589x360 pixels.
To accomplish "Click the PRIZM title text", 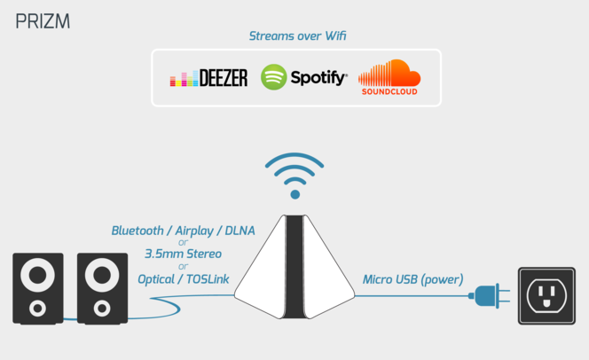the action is coord(43,21).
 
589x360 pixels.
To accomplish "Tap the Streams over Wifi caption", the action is coord(297,36).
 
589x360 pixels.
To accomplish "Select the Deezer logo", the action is coord(208,77).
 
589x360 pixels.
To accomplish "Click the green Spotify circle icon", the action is coord(274,77).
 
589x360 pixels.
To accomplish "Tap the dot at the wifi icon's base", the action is coord(294,194).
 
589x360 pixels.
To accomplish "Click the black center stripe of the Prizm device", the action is coord(294,267).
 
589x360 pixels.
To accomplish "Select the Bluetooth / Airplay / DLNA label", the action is coord(183,231).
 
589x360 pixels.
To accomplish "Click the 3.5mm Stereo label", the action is coord(183,254).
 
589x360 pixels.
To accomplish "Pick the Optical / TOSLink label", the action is coord(184,279).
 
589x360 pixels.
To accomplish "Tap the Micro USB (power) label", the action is coord(412,279).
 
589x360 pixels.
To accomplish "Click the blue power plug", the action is coord(490,296).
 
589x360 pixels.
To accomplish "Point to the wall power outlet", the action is coord(546,296).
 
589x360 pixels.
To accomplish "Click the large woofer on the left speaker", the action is coord(37,275).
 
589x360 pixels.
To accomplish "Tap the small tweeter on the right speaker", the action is coord(102,309).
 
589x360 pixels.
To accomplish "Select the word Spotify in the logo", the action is coord(318,78).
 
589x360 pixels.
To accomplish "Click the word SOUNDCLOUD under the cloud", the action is coord(389,91).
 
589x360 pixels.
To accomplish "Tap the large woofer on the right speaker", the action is coord(102,275).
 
